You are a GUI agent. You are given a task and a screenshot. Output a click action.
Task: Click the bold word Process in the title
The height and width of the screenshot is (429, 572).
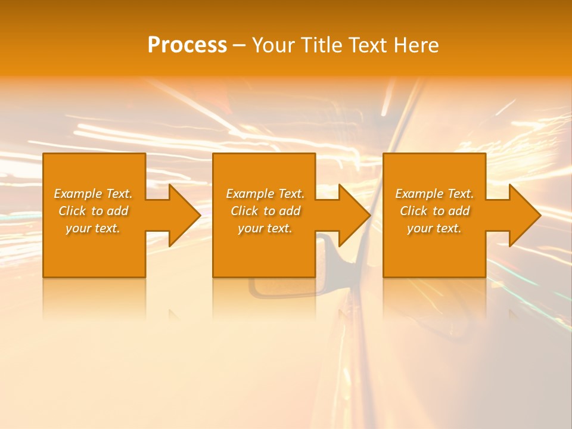pos(187,45)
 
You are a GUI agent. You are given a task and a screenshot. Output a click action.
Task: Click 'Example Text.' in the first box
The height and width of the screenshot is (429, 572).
pos(93,194)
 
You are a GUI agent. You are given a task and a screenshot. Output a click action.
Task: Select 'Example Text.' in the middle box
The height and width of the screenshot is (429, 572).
pos(265,194)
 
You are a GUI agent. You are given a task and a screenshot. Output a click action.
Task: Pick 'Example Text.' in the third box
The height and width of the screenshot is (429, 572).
pos(434,194)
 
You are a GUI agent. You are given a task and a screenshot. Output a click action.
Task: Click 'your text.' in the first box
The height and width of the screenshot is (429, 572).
pos(93,228)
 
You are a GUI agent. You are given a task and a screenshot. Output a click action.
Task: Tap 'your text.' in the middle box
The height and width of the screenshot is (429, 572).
pos(265,228)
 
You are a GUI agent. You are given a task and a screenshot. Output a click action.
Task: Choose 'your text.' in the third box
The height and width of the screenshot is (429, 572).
pos(434,228)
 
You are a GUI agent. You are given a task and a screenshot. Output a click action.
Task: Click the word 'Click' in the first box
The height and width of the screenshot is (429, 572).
pos(73,211)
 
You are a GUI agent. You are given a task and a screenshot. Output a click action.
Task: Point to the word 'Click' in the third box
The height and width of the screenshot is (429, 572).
pos(414,211)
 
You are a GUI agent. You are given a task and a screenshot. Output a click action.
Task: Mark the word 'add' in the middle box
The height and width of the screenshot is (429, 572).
pos(289,211)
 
